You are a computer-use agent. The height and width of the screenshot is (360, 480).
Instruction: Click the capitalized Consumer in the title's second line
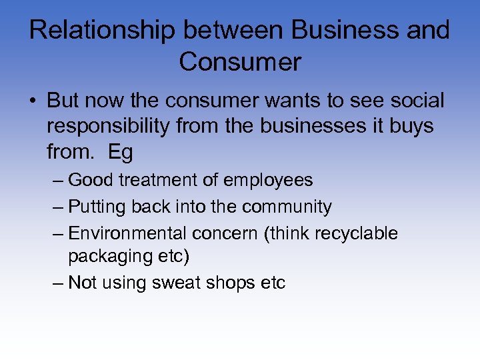(240, 62)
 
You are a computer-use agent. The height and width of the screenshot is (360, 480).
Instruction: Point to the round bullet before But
(33, 101)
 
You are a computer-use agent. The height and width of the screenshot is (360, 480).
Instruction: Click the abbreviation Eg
(121, 152)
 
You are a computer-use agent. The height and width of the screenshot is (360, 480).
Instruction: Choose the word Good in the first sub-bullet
(89, 180)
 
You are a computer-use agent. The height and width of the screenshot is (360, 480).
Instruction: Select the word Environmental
(127, 233)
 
